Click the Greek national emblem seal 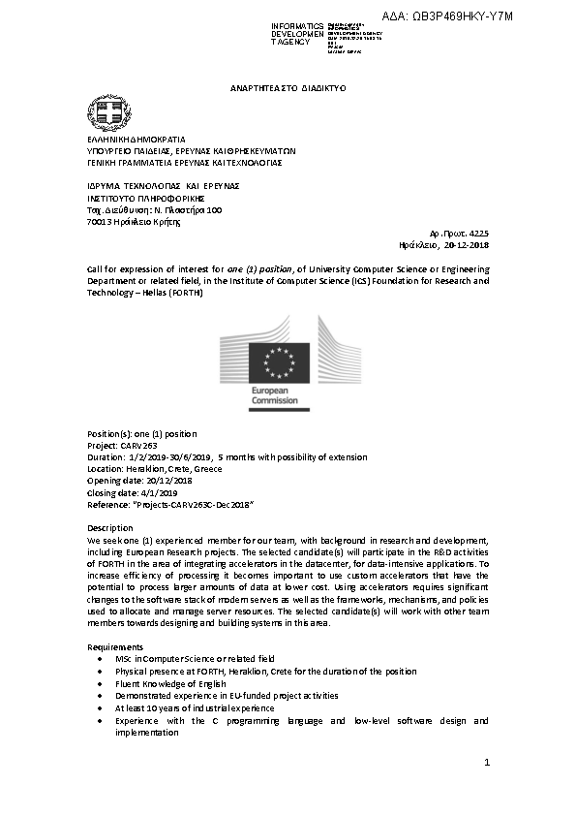click(104, 113)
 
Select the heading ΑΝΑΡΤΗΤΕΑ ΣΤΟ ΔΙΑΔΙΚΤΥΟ click(288, 87)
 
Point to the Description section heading click(110, 528)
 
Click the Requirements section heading click(115, 646)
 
